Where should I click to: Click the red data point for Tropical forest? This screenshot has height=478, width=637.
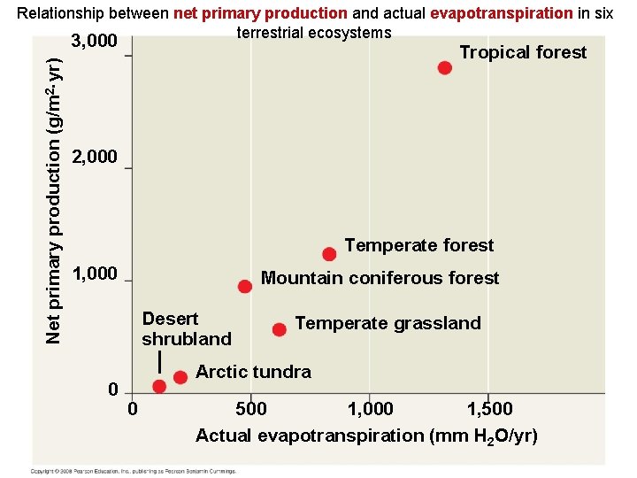point(444,68)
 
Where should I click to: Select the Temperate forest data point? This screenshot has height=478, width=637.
point(329,254)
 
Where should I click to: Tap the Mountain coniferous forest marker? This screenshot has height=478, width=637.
point(245,286)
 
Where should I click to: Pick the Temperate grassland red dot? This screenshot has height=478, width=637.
point(280,329)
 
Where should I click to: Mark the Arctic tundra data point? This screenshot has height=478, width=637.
point(180,377)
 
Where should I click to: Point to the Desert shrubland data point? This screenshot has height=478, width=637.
point(159,387)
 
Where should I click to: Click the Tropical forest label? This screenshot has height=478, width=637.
point(523,52)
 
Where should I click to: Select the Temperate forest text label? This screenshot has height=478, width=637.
point(418,245)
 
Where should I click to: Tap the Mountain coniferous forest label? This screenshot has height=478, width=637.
point(380,278)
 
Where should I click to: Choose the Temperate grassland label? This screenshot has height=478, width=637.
point(388,323)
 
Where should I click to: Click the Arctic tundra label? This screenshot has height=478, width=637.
point(253,372)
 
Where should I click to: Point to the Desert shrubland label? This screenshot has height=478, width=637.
point(186,328)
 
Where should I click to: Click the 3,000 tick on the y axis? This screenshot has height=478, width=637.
point(95,42)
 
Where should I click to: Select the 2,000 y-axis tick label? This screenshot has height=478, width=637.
point(95,157)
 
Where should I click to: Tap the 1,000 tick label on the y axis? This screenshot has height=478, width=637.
point(95,273)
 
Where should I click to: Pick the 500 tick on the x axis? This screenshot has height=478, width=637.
point(250,409)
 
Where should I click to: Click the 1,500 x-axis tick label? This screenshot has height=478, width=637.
point(488,409)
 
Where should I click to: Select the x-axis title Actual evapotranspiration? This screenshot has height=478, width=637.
point(365,436)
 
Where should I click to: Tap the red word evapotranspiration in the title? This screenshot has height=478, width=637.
point(501,13)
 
